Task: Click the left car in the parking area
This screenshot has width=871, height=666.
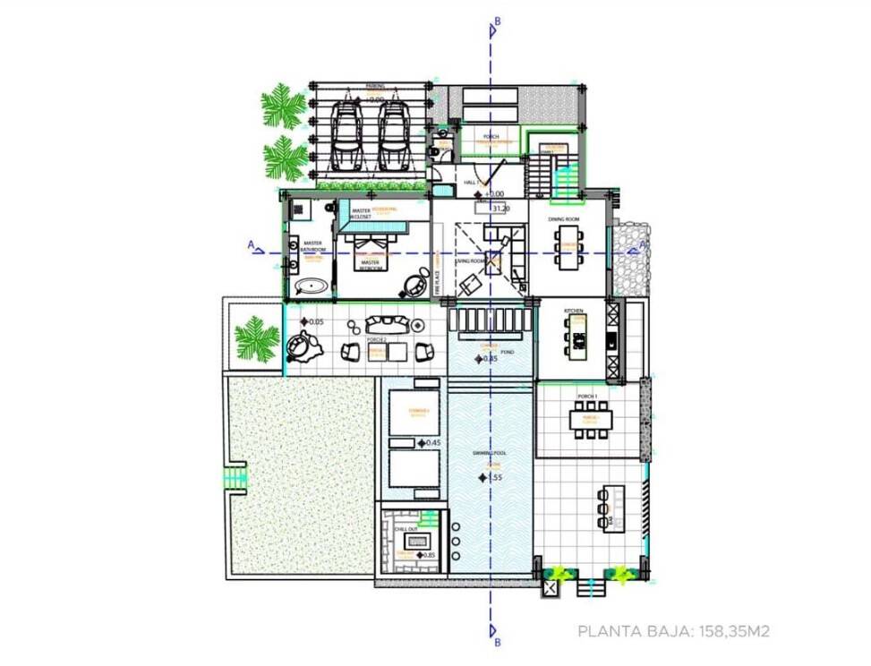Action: click(x=346, y=134)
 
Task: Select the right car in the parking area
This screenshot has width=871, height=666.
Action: click(x=394, y=134)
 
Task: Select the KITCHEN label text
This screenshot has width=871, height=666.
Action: click(x=574, y=311)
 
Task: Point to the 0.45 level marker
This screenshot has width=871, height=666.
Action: click(x=430, y=442)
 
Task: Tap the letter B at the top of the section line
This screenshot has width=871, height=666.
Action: click(x=497, y=21)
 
